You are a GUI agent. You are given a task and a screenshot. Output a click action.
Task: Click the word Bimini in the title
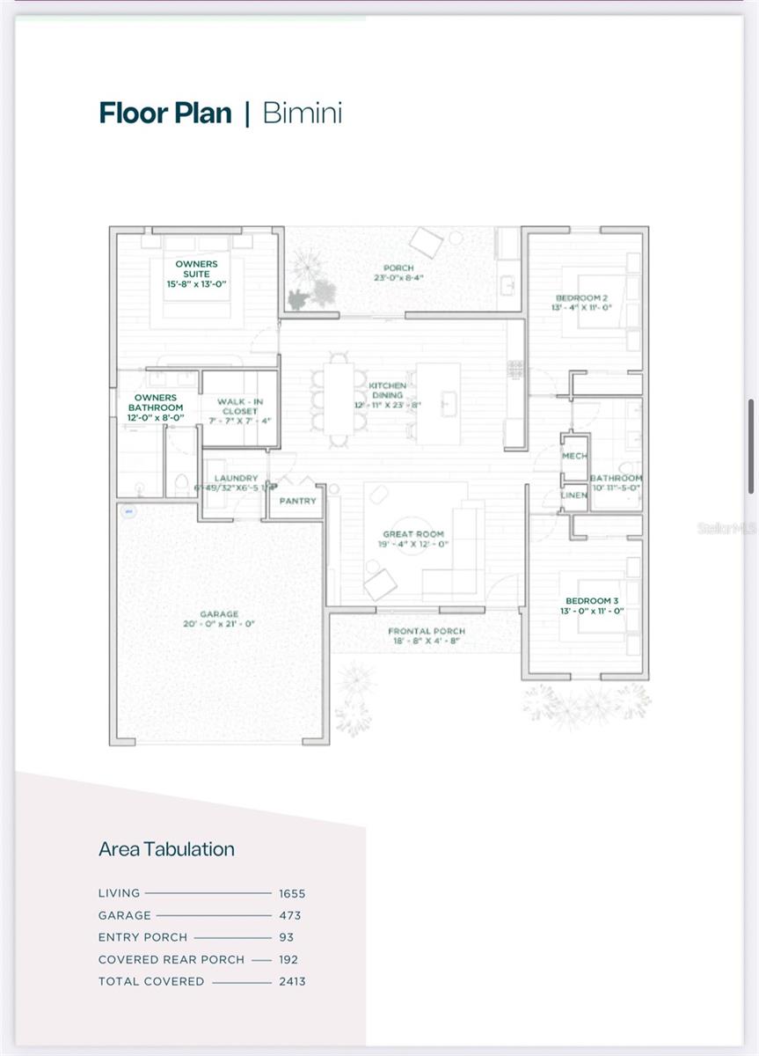[303, 114]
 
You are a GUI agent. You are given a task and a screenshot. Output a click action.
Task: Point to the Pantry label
[297, 501]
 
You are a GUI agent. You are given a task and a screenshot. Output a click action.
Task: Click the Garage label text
[218, 614]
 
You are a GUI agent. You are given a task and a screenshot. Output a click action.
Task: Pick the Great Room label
[413, 534]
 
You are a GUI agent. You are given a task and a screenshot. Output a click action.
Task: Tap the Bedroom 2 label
[582, 298]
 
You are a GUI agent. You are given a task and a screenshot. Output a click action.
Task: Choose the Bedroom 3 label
[593, 601]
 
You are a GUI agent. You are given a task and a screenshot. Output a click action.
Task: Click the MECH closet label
[574, 456]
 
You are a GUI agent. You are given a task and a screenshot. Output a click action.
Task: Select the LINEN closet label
[574, 495]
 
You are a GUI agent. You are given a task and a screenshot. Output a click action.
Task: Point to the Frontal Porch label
[427, 631]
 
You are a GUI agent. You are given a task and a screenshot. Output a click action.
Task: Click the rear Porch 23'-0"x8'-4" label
[398, 268]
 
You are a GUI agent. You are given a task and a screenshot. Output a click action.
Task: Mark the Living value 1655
[292, 893]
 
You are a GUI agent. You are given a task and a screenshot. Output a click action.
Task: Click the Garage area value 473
[288, 915]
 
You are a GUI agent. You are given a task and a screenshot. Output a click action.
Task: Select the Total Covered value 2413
[292, 981]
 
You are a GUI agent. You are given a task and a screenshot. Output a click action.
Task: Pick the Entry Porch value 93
[287, 937]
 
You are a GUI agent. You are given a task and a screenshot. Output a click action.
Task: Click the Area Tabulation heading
[166, 849]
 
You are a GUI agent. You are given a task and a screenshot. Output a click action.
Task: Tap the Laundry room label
[236, 479]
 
